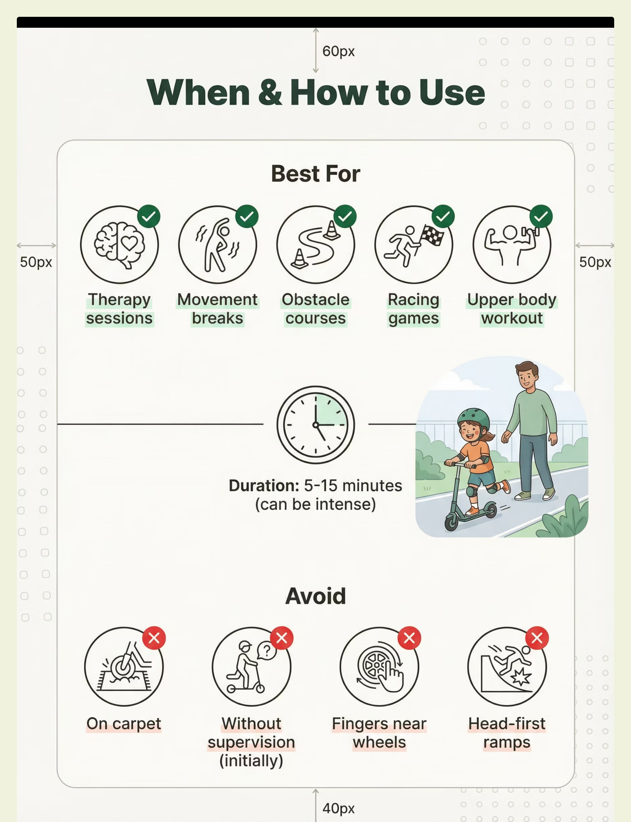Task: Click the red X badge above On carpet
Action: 154,638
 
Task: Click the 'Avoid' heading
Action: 315,596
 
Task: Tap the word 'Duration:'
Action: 264,486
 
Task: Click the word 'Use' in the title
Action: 452,93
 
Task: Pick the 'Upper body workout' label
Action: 512,309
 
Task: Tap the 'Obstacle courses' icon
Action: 315,244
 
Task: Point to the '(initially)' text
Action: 251,761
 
